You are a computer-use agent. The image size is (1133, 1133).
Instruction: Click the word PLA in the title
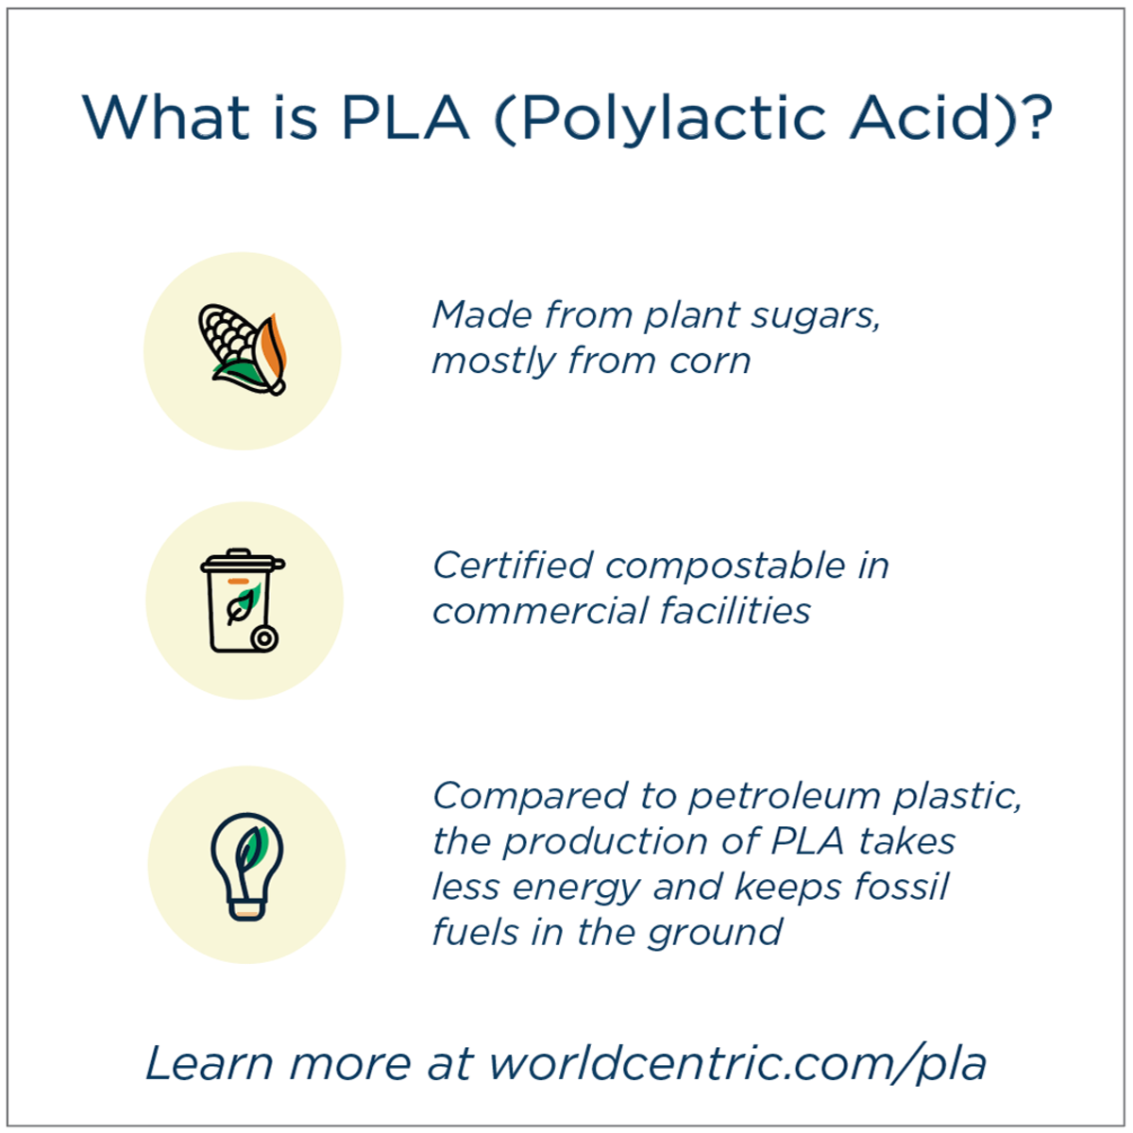405,118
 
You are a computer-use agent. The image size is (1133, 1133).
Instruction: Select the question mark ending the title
1036,118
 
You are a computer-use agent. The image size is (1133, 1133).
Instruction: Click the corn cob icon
243,350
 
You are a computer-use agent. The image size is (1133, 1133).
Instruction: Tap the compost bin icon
243,601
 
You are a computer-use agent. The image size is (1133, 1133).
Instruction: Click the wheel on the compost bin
265,639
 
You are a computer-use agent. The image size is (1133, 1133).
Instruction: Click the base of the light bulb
246,908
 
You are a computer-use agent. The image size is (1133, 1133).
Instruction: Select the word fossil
901,887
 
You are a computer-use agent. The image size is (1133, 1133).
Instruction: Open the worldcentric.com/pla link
736,1063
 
